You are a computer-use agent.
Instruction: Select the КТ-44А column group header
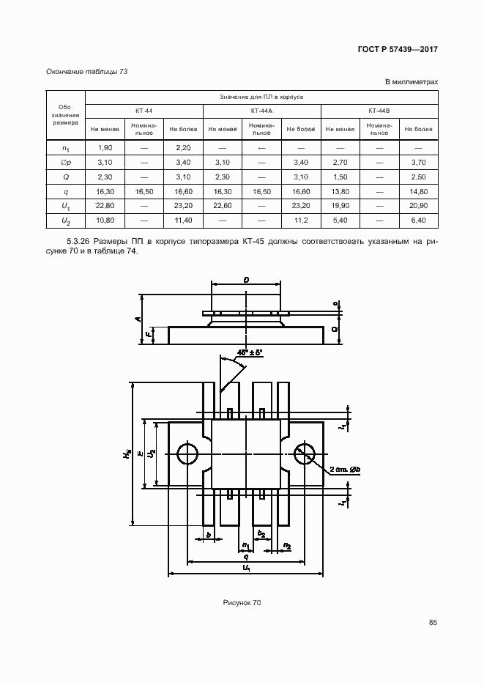click(261, 111)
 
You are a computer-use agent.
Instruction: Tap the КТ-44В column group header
click(379, 111)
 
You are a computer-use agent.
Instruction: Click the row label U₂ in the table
click(66, 220)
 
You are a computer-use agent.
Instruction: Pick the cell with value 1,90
click(104, 148)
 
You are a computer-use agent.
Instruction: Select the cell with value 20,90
click(419, 205)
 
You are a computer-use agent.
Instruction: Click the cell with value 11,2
click(301, 220)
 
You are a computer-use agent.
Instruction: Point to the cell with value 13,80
click(340, 191)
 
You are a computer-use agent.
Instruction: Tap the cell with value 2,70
click(340, 162)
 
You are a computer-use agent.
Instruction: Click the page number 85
click(433, 623)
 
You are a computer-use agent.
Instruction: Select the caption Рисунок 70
click(242, 602)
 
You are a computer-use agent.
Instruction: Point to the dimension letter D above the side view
click(246, 280)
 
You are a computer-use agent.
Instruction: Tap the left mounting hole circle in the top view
click(188, 454)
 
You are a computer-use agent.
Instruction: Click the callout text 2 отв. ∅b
click(345, 468)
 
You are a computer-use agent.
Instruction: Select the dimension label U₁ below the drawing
click(247, 569)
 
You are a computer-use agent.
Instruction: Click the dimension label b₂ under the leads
click(261, 533)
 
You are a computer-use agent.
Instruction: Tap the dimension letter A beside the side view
click(136, 318)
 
